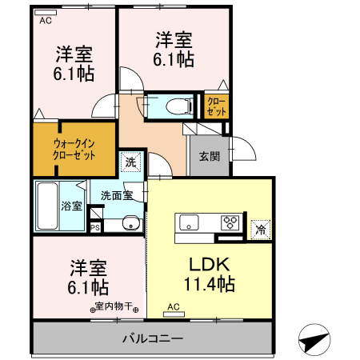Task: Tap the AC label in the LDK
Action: coord(174,306)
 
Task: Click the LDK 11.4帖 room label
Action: coord(210,274)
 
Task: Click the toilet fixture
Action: coord(178,105)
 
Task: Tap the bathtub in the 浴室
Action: coord(46,205)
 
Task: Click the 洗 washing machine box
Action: coord(130,161)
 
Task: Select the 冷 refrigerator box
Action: coord(260,230)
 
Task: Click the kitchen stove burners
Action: coord(231,222)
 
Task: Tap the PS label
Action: coord(95,227)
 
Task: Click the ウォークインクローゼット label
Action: coord(74,149)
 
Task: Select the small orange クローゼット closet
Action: coord(217,106)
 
